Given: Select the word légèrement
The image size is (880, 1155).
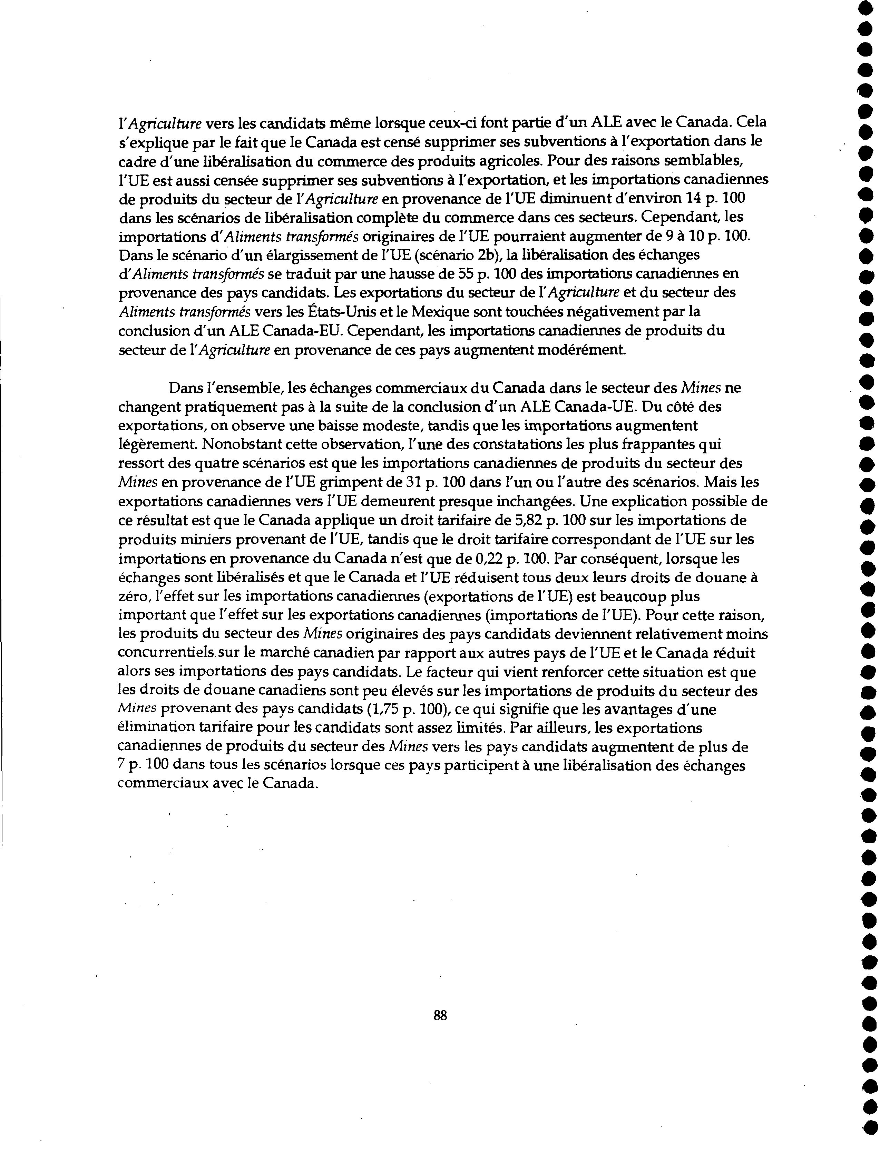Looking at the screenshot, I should (x=156, y=444).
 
